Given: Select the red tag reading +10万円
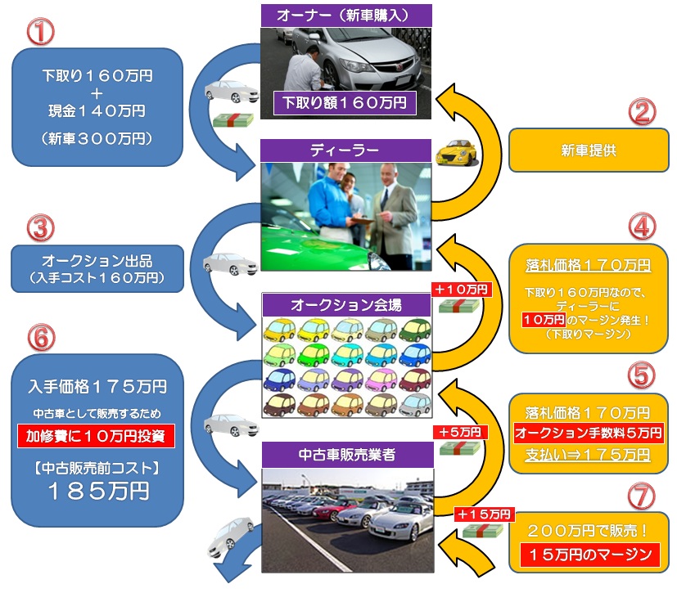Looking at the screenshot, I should pyautogui.click(x=460, y=290).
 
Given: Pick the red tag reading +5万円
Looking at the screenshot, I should pyautogui.click(x=460, y=432).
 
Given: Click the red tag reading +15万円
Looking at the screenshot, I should pyautogui.click(x=484, y=514).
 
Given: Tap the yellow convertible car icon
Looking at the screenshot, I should pyautogui.click(x=456, y=153).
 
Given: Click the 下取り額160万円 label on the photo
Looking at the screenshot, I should pyautogui.click(x=345, y=104).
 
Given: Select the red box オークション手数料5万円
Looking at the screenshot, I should pyautogui.click(x=589, y=433).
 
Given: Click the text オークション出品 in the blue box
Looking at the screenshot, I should pyautogui.click(x=97, y=263).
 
